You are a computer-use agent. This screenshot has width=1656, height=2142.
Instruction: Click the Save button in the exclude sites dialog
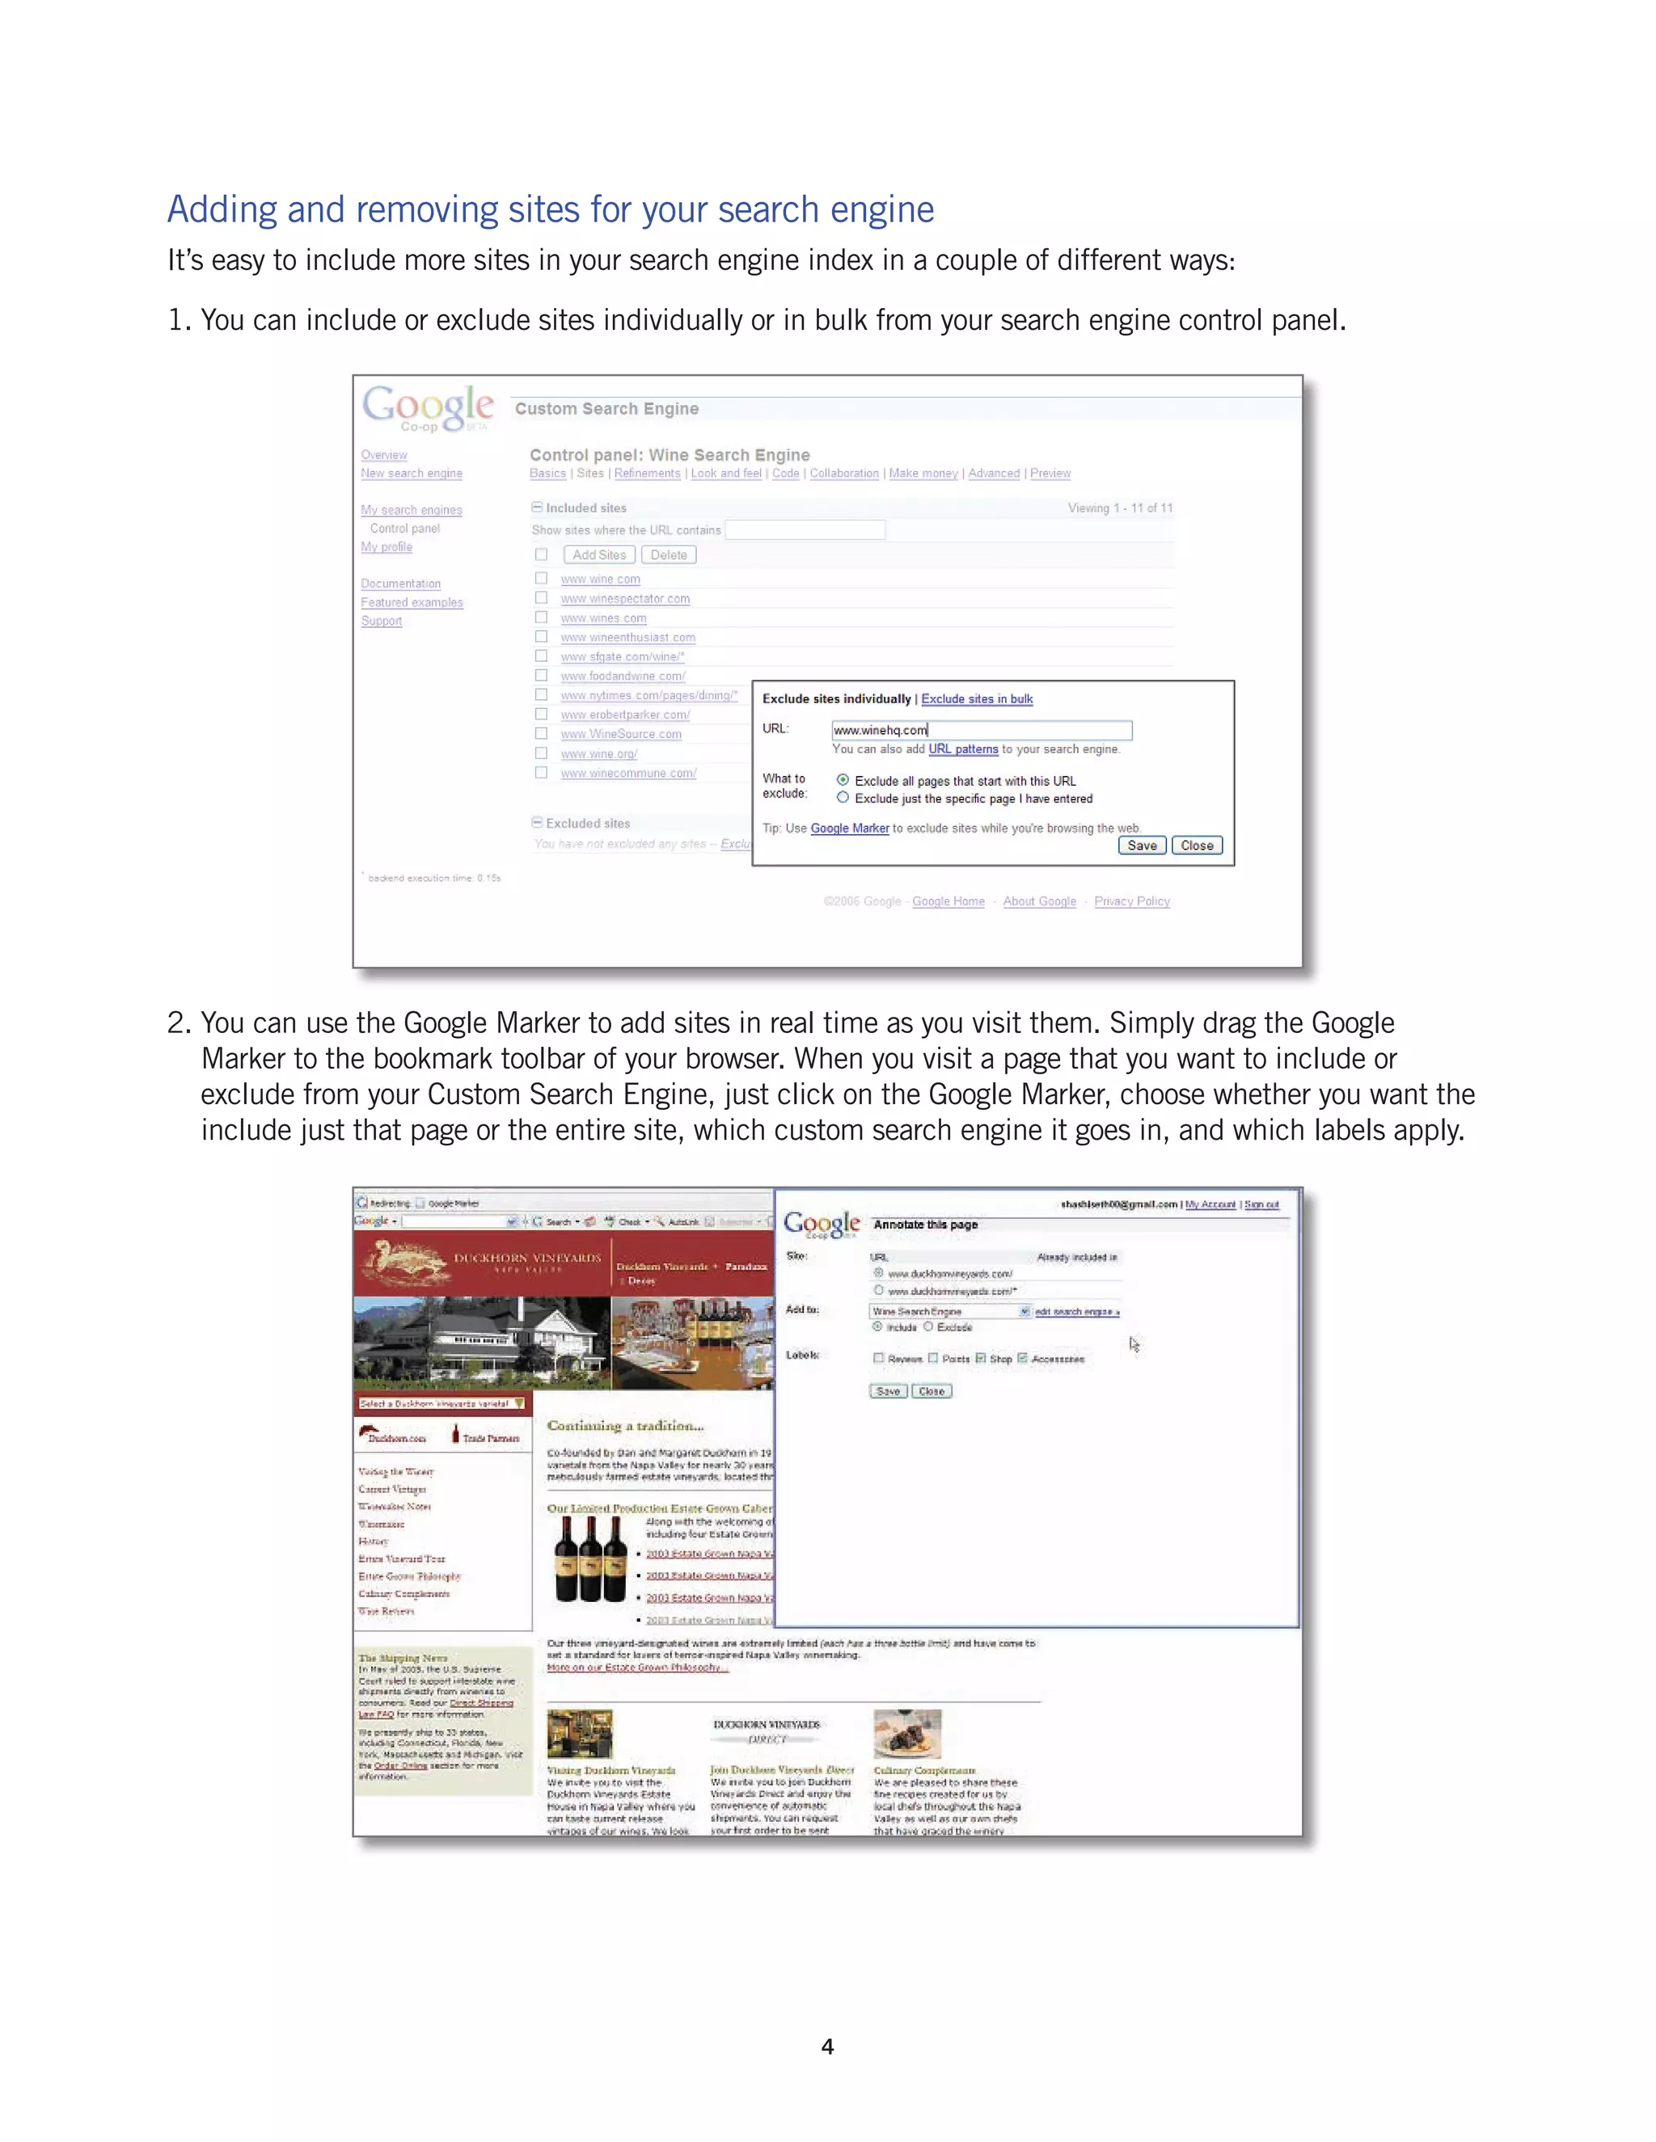[1141, 845]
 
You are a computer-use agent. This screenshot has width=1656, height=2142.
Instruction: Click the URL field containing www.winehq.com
[981, 730]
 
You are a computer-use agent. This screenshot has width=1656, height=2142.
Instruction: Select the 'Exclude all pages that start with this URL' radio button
[843, 780]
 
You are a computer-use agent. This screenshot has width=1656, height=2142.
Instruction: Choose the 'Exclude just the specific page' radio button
[843, 797]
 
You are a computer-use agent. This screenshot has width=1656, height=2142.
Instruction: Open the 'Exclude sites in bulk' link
[976, 698]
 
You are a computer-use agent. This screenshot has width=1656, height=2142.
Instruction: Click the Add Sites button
[598, 554]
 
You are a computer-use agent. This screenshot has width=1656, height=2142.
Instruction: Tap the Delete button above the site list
[668, 554]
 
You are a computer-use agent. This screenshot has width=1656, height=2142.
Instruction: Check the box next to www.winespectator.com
[541, 597]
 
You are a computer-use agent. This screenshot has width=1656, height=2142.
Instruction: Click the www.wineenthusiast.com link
[627, 638]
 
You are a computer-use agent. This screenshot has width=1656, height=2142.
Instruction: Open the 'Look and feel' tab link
[726, 473]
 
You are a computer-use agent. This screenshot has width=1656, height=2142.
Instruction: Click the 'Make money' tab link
[923, 473]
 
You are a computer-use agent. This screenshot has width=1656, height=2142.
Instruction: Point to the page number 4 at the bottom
[827, 2046]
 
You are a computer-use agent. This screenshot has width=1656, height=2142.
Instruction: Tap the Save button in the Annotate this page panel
[888, 1391]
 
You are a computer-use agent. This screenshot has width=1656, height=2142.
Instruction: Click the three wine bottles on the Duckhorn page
[589, 1559]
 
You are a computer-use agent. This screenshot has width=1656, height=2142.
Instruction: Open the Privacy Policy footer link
[1131, 901]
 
